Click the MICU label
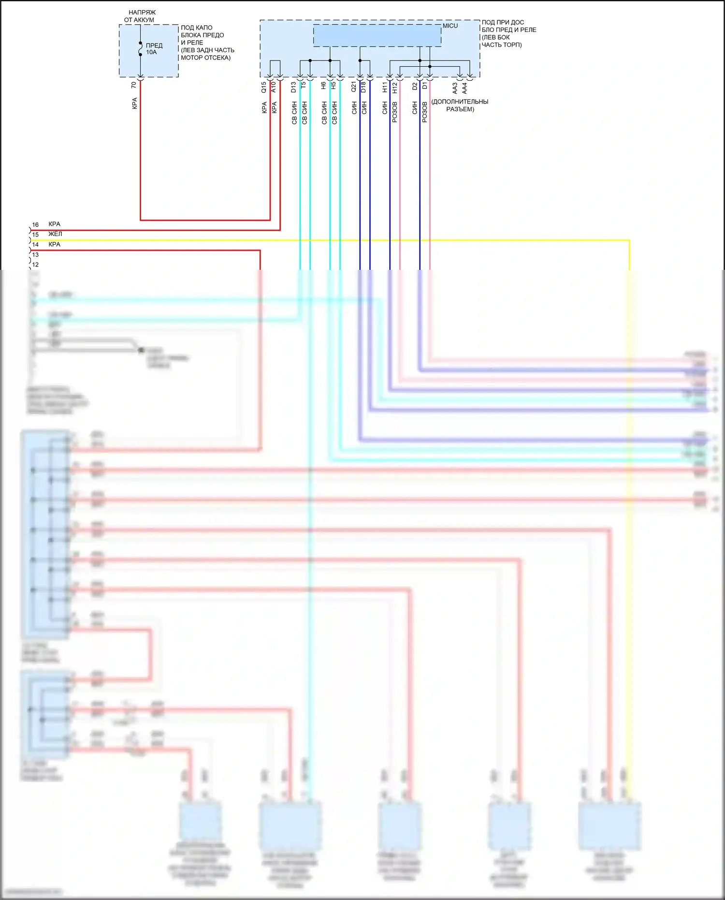[x=450, y=26]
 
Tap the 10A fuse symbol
[x=140, y=49]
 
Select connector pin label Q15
[x=264, y=87]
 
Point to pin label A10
[x=274, y=87]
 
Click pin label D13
[x=294, y=87]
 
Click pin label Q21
[x=354, y=87]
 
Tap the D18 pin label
[x=363, y=87]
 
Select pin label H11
[x=385, y=87]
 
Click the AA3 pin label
[x=455, y=88]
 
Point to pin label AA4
[x=464, y=88]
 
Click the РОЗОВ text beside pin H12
[x=395, y=112]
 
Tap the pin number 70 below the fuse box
[x=134, y=85]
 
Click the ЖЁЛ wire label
[x=55, y=234]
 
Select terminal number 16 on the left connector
[x=35, y=225]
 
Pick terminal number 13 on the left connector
[x=35, y=255]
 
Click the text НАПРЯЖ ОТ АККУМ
[x=141, y=16]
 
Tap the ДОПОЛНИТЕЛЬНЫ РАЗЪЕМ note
[x=460, y=105]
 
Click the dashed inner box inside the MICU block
[x=377, y=36]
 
